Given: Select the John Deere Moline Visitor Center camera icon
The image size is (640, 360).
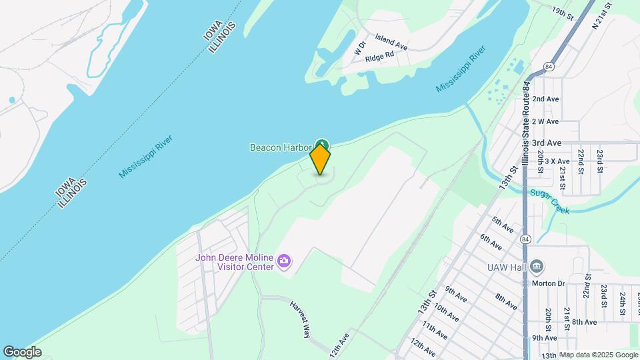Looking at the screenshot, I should coord(285,261).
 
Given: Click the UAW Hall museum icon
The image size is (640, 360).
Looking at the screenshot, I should coord(538,267).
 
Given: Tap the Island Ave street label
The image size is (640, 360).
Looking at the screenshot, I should coord(391,42).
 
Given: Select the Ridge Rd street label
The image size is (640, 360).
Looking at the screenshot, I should coord(381,58).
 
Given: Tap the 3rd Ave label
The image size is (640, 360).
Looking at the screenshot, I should coord(547,143).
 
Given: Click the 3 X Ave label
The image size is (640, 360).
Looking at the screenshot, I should coord(557,161).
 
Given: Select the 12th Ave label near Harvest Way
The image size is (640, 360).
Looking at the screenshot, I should coord(339,345).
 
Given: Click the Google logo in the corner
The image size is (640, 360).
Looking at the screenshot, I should coord(22,351).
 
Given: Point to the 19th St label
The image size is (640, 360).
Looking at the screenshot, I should coord(563,11).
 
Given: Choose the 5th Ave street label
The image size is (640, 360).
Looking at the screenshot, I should coord(503,224).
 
